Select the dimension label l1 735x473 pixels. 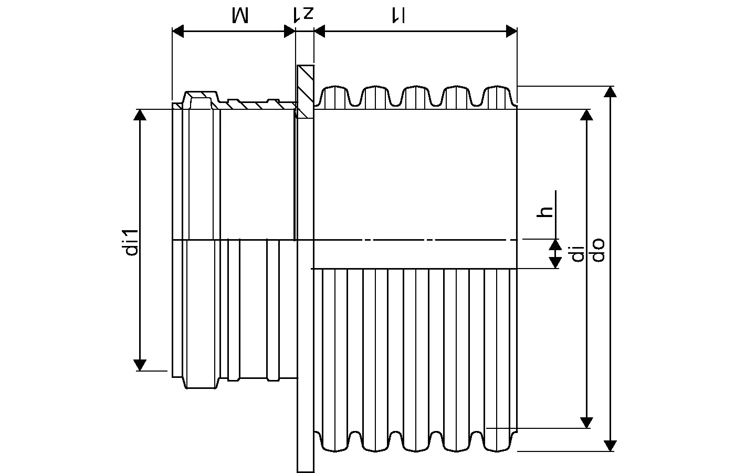397,15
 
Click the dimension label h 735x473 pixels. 546,211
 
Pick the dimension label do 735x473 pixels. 598,250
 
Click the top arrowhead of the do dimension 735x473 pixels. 610,91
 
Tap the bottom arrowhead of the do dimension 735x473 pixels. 610,445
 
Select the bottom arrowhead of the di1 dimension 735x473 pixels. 140,365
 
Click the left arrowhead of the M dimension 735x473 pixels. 178,32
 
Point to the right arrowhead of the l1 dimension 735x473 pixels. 511,32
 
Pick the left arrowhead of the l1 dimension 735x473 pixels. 320,32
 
